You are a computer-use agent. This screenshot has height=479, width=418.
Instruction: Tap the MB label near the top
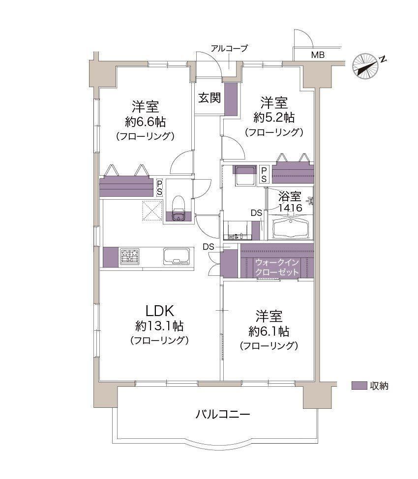click(x=317, y=55)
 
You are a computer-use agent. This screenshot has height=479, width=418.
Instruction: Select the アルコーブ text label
click(x=229, y=48)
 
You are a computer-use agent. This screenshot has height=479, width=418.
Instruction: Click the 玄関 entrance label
click(x=209, y=98)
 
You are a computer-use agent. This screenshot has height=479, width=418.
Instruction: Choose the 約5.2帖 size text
click(x=274, y=117)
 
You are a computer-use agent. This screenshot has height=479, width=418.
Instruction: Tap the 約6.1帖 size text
click(x=269, y=330)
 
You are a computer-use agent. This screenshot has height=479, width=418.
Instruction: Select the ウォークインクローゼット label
click(x=276, y=267)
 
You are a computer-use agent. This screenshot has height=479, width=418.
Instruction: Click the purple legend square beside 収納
click(x=359, y=386)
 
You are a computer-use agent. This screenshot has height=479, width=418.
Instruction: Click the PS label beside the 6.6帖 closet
click(x=159, y=187)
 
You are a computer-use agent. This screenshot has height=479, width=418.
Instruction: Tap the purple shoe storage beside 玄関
click(x=231, y=99)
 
